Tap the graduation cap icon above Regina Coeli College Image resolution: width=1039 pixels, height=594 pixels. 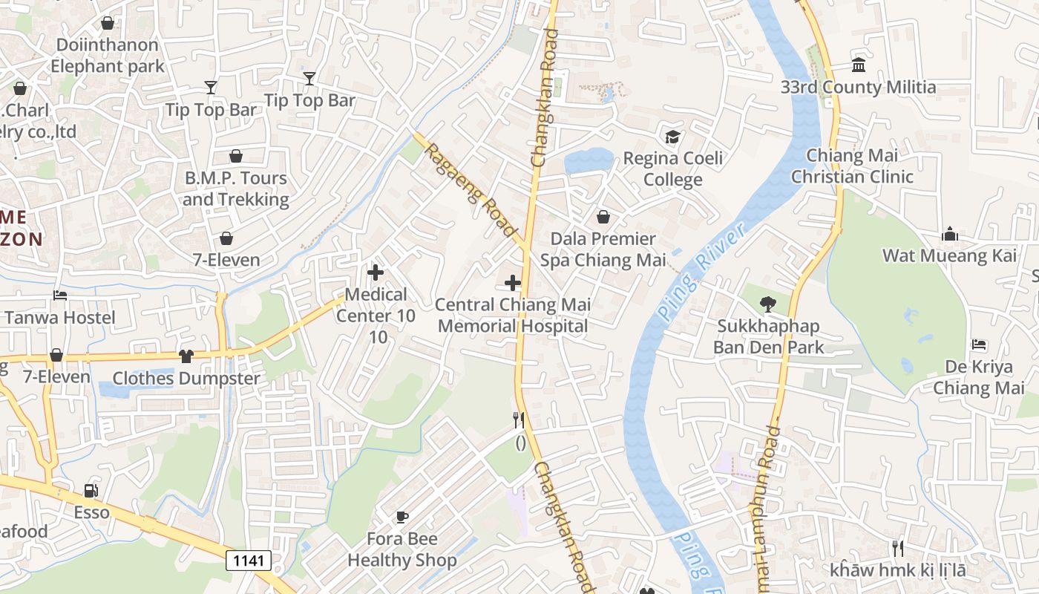672,137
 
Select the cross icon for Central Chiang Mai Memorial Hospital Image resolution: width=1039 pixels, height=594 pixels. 512,282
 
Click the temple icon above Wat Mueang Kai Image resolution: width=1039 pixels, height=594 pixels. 949,235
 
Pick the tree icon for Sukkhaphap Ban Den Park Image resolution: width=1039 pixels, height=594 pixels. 768,304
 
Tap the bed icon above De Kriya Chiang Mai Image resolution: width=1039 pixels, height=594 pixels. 979,345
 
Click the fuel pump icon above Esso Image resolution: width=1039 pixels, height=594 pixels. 91,490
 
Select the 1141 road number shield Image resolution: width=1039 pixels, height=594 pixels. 249,560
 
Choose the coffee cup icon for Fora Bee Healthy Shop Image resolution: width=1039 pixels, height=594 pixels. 401,517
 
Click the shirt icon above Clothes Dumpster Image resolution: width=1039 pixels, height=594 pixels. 186,356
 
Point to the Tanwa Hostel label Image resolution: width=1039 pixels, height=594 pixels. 60,318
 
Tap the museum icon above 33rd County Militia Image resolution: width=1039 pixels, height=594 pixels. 859,65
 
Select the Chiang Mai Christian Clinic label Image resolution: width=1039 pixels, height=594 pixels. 852,166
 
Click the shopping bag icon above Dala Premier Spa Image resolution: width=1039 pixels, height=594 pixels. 603,217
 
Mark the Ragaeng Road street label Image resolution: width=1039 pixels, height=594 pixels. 471,191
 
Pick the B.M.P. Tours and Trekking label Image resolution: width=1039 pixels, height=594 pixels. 235,189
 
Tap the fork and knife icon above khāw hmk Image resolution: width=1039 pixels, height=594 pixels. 898,549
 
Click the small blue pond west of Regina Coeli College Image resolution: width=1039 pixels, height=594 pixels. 588,161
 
